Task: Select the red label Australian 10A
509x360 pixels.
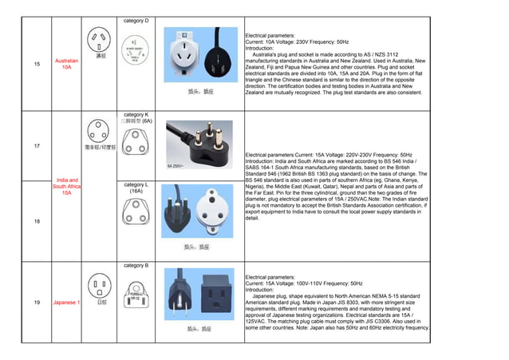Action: click(66, 65)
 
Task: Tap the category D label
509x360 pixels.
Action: click(136, 20)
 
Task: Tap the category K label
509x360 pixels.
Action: click(136, 115)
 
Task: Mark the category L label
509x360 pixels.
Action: click(136, 188)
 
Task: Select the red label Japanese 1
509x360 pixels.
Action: click(66, 303)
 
